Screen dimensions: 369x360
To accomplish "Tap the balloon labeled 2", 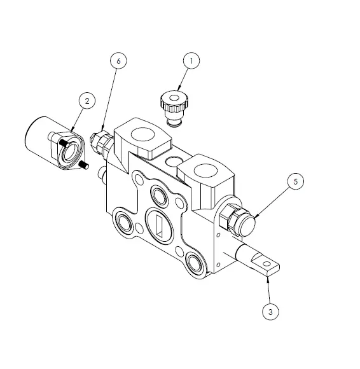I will (x=88, y=100).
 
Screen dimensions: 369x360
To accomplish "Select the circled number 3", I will (x=270, y=312).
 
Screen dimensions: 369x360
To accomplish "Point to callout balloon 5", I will (x=296, y=181).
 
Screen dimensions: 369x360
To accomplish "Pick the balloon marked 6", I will (x=118, y=60).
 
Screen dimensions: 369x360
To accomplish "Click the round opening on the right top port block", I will (x=205, y=170).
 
